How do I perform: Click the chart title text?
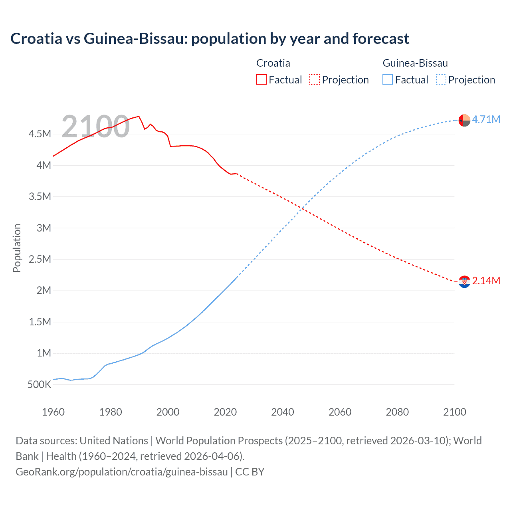tap(210, 39)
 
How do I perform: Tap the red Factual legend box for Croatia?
tap(261, 79)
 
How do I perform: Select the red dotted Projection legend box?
tap(315, 79)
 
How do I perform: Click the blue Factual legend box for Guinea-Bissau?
tap(388, 79)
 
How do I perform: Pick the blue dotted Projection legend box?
tap(441, 79)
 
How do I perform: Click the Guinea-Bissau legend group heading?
tap(415, 63)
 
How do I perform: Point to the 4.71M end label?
tap(486, 119)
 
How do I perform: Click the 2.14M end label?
tap(486, 281)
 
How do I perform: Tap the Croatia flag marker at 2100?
tap(464, 282)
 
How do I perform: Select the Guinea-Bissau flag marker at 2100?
tap(464, 120)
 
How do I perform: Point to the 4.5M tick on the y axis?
tap(40, 134)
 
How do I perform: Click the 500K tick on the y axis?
tap(39, 385)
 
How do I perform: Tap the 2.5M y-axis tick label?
tap(40, 259)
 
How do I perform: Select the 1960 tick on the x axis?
tap(53, 412)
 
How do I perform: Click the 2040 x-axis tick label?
tap(283, 412)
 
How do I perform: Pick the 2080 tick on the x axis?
tap(397, 412)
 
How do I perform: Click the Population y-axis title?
tap(17, 248)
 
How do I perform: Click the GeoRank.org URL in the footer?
tap(122, 472)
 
